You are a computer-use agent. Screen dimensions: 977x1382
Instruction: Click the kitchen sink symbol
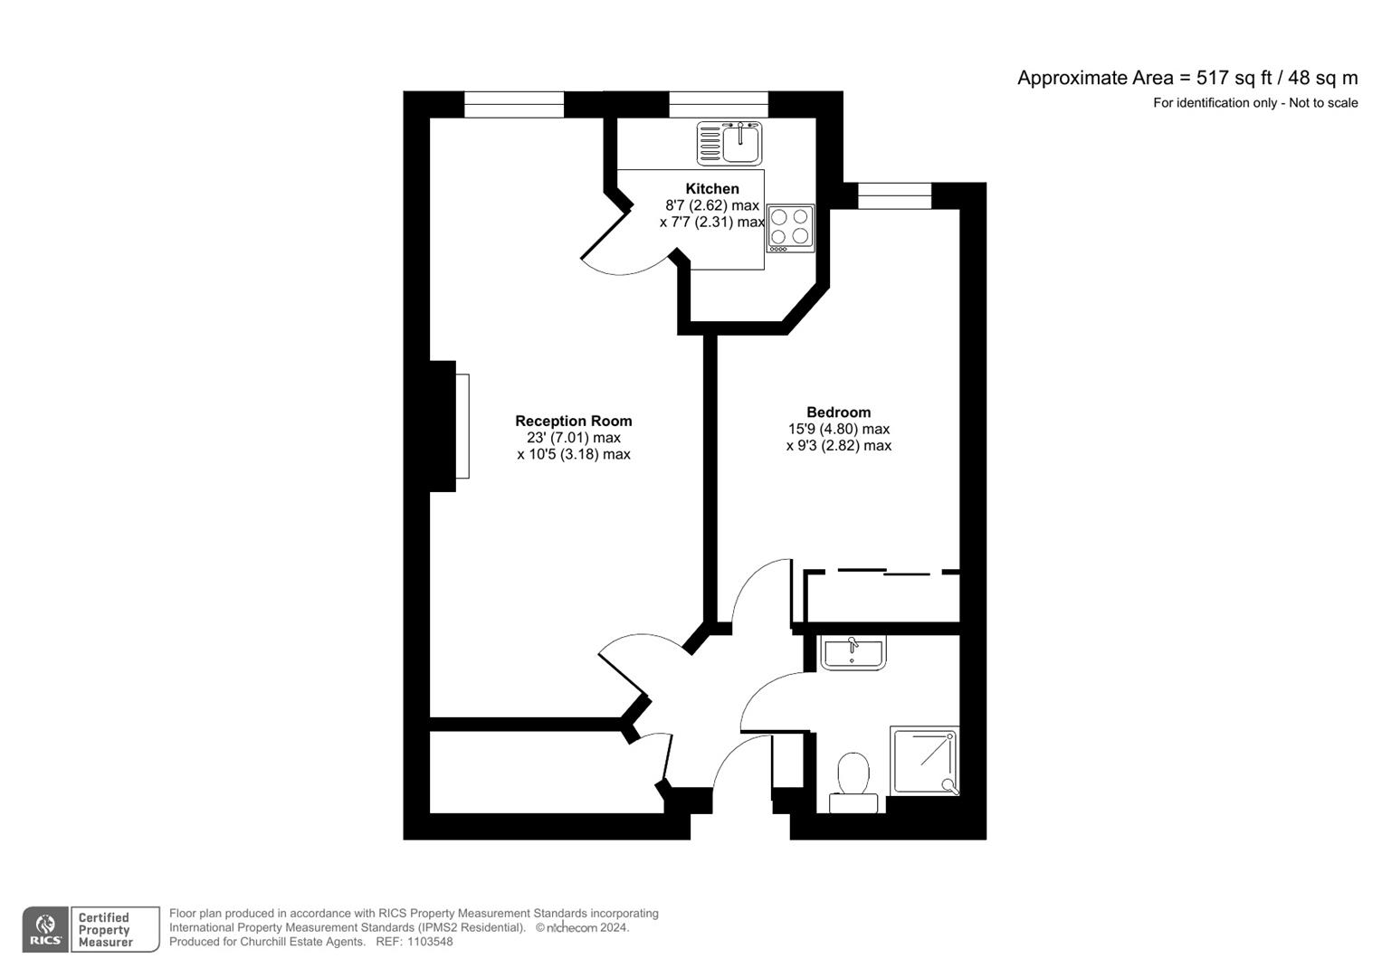pos(729,144)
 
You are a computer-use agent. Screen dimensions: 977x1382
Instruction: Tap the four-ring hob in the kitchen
pos(790,227)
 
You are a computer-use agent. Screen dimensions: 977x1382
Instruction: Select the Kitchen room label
pos(712,188)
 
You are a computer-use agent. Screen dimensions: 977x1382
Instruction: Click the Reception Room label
pos(573,421)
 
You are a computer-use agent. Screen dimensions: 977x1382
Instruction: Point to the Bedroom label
pos(838,413)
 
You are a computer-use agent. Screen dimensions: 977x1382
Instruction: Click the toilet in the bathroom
pos(853,783)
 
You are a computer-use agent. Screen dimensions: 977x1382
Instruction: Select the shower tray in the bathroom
pos(924,760)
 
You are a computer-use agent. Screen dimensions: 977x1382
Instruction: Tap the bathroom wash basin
pos(853,652)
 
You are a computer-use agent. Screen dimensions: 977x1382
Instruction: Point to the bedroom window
pos(894,195)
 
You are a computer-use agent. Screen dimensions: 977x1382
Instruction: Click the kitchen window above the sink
pos(719,105)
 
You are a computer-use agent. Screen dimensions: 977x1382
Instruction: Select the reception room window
pos(514,105)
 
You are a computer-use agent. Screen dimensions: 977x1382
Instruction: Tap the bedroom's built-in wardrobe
pos(882,597)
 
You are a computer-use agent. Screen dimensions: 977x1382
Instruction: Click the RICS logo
pos(44,930)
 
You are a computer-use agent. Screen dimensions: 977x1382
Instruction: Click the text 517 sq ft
pos(1234,78)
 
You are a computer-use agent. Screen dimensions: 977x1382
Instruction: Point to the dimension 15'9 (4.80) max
pos(838,429)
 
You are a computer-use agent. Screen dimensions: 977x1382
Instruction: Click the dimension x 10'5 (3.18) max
pos(573,454)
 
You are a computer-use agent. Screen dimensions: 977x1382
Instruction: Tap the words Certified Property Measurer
pos(105,930)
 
